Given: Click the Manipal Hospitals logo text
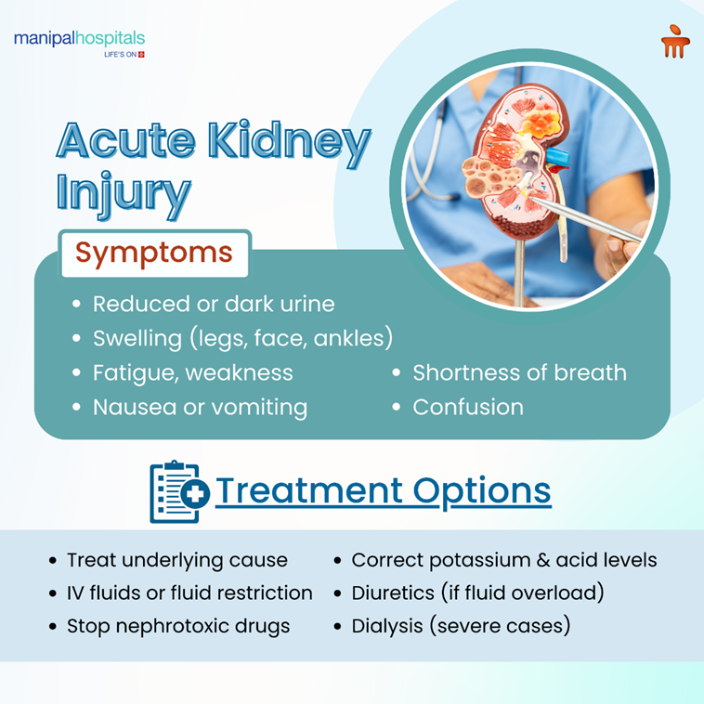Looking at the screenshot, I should click(x=79, y=39).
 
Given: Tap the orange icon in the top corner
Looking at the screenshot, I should click(x=675, y=42).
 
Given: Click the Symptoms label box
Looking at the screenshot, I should click(x=154, y=253).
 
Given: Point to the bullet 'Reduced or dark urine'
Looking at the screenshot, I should click(x=214, y=304).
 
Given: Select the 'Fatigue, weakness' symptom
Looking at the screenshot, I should click(x=192, y=372).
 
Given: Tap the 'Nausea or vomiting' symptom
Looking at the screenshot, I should click(x=200, y=407).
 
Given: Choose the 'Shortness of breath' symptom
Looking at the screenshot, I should click(x=519, y=372).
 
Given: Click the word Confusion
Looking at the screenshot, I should click(x=468, y=407).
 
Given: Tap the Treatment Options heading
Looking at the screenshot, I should click(x=383, y=490).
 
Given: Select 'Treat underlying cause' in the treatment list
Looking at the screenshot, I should click(x=176, y=560).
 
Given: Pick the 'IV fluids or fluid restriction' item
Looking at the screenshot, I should click(x=189, y=593).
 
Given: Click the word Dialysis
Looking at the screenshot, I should click(x=385, y=626).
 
